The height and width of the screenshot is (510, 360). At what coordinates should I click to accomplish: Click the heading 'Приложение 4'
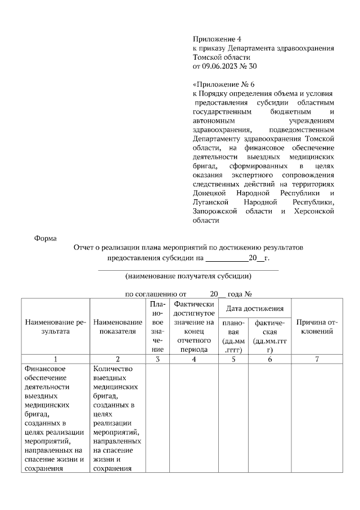tap(217, 39)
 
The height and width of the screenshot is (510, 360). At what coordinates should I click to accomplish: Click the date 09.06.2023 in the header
tap(224, 66)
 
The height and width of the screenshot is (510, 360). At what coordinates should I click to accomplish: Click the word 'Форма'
tap(46, 238)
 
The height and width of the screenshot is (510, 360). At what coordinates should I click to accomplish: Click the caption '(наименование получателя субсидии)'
tap(188, 276)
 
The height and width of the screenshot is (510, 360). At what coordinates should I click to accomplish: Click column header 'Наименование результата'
tap(55, 327)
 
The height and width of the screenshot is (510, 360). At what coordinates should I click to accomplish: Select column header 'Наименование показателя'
tap(118, 327)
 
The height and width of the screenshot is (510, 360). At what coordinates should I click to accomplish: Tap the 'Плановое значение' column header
tap(157, 326)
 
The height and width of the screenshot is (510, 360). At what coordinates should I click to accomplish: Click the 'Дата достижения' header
tap(254, 308)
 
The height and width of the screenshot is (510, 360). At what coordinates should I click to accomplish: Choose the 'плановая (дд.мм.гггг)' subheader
tap(234, 336)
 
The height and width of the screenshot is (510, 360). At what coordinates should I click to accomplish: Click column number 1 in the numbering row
tap(55, 359)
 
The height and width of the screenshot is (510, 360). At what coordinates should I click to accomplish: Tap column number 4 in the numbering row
tap(193, 359)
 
